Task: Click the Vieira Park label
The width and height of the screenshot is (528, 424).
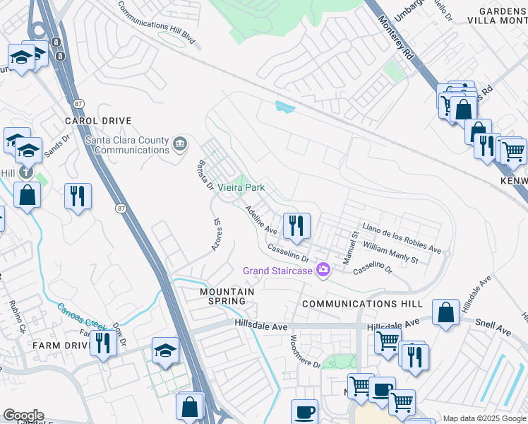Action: point(240,188)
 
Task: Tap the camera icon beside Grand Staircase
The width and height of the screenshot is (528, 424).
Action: point(324,270)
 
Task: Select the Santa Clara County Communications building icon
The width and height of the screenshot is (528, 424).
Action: point(181,145)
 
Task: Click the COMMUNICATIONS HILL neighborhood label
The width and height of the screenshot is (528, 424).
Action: point(362,304)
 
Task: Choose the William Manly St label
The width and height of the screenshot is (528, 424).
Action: point(390,252)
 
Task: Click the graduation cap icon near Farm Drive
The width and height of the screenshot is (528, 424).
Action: point(166,351)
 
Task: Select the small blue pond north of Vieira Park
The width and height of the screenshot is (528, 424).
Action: point(284,107)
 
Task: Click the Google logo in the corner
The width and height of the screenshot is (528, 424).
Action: point(23,416)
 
